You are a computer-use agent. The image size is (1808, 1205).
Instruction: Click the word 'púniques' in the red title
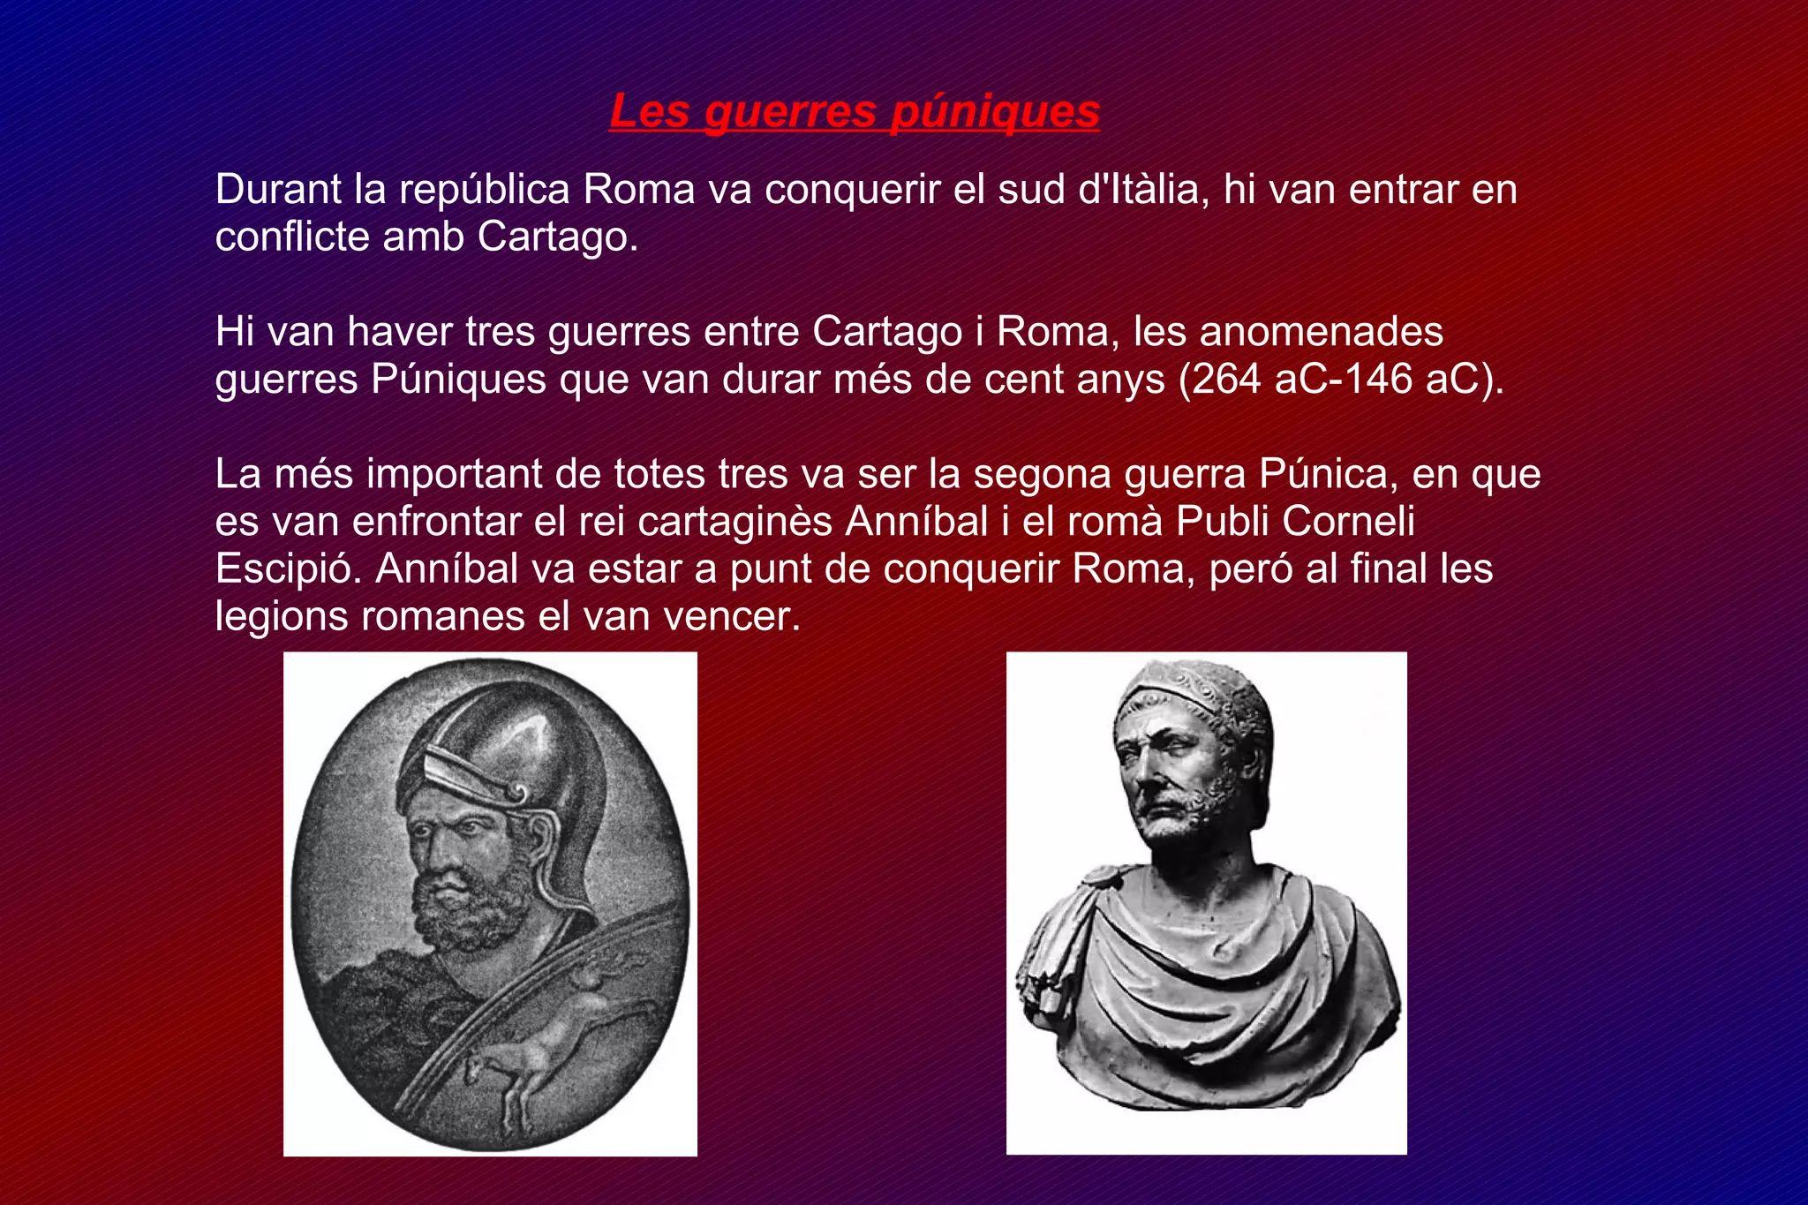(x=995, y=112)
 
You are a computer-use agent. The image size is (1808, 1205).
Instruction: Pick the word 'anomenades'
(x=1322, y=332)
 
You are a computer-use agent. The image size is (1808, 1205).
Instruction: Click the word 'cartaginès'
(x=734, y=522)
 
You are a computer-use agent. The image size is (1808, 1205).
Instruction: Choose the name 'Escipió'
(x=288, y=569)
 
